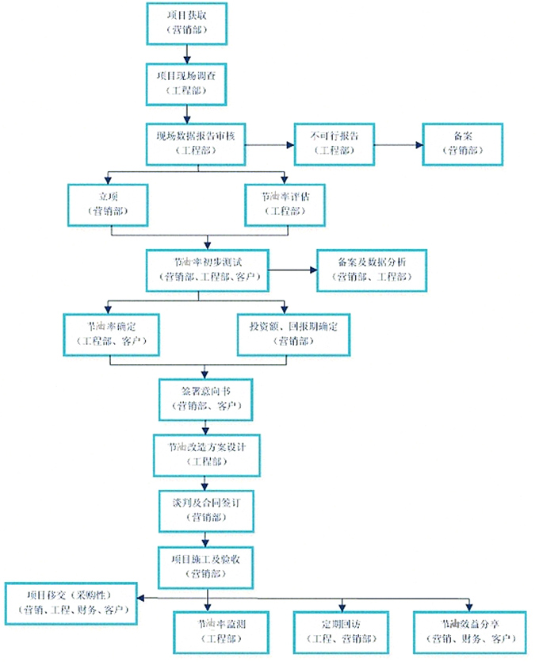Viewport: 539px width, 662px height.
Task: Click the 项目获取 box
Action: point(188,23)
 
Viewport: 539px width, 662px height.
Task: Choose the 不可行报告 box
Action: point(334,143)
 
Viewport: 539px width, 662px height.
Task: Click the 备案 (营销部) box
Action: point(462,143)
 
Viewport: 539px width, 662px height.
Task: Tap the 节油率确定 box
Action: point(112,333)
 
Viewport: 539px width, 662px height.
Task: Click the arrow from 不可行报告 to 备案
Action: point(397,144)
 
